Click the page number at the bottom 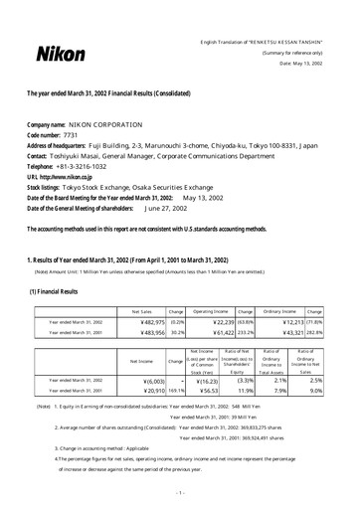click(180, 493)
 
